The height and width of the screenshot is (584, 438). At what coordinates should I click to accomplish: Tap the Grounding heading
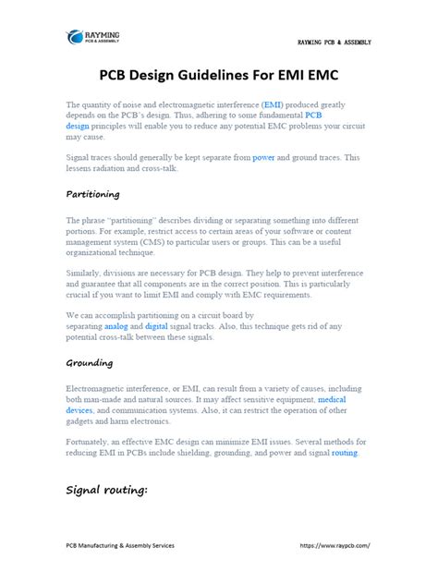pyautogui.click(x=90, y=362)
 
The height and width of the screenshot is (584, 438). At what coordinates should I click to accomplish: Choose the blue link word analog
pyautogui.click(x=143, y=327)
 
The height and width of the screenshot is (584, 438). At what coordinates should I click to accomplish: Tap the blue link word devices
pyautogui.click(x=80, y=410)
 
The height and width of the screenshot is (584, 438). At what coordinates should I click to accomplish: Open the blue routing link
pyautogui.click(x=345, y=453)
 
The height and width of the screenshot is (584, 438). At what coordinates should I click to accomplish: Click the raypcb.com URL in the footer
pyautogui.click(x=335, y=545)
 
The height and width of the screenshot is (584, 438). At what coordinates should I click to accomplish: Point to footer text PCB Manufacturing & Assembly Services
pyautogui.click(x=119, y=545)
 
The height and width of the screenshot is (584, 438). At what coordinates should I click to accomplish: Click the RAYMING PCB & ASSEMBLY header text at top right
pyautogui.click(x=334, y=43)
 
